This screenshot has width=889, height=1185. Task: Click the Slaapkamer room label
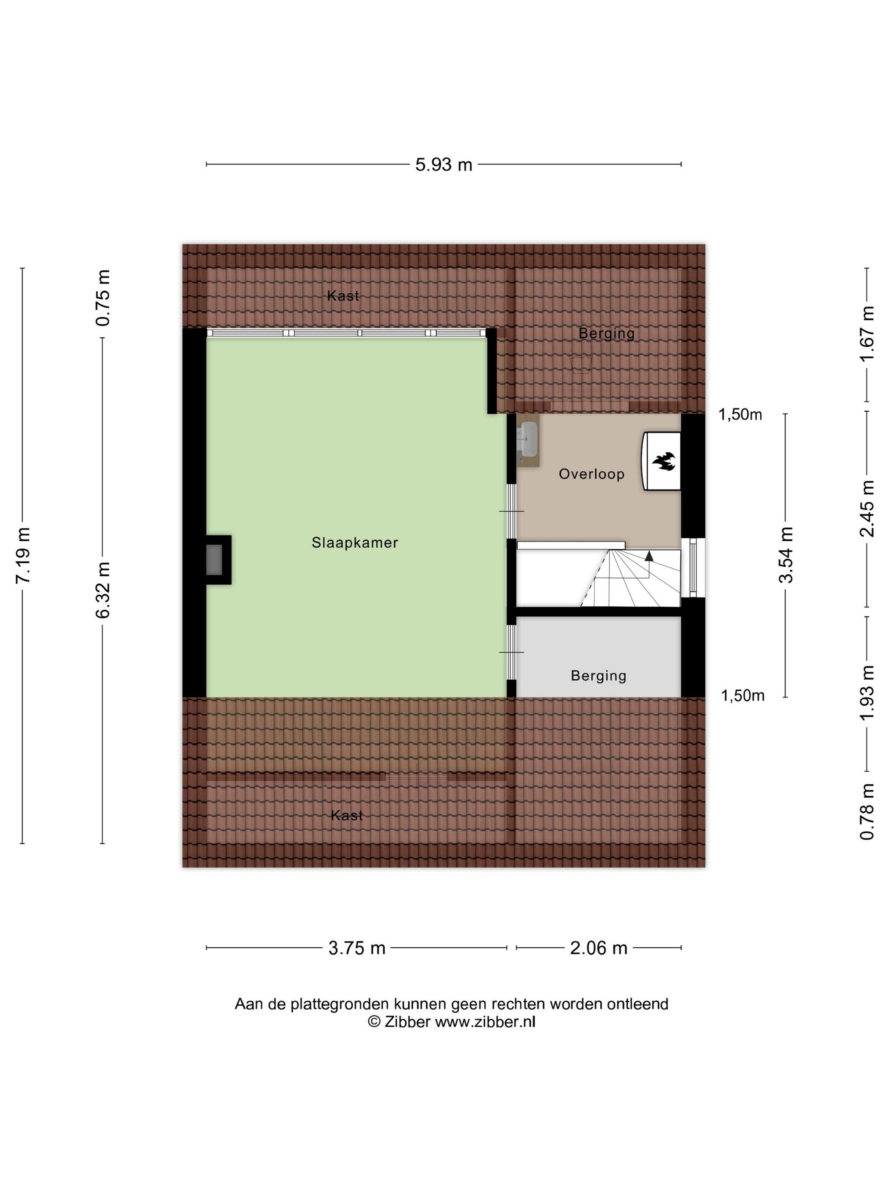pos(355,543)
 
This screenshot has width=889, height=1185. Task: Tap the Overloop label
pos(591,474)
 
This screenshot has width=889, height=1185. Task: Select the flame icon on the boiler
pos(663,461)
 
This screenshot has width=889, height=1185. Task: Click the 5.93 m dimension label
pos(444,165)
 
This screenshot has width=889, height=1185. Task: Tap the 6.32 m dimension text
pos(103,590)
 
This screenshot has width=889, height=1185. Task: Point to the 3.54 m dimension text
pos(786,554)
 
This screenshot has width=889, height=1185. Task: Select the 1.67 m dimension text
pos(867,334)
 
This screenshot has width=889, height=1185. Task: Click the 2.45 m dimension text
pos(867,508)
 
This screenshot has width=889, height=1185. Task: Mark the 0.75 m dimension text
pos(103,298)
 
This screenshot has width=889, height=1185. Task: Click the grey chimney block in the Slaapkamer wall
pos(214,559)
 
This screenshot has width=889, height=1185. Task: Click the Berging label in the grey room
pos(599,675)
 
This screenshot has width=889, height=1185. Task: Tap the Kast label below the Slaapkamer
pos(347,816)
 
